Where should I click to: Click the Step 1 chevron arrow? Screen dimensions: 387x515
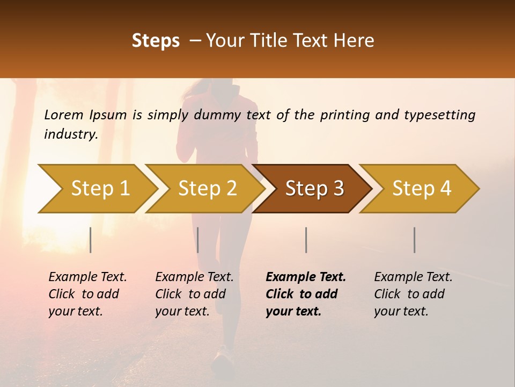(100, 189)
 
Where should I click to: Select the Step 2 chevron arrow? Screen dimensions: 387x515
(207, 189)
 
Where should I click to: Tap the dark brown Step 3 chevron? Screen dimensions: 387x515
(314, 189)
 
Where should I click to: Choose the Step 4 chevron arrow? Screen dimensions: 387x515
(421, 189)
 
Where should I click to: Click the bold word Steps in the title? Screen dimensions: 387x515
(156, 41)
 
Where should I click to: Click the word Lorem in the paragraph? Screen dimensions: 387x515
(63, 115)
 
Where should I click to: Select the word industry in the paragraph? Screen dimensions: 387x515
(70, 134)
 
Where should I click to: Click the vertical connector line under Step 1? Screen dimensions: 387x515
(91, 240)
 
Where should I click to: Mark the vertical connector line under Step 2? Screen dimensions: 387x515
(198, 240)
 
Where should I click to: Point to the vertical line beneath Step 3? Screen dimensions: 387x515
(306, 240)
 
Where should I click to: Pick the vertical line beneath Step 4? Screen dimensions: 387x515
(414, 240)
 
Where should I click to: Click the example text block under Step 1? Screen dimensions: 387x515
(87, 294)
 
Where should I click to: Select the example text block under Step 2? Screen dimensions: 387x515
(194, 294)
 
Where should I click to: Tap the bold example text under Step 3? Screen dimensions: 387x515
(306, 294)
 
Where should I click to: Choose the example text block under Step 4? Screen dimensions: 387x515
(413, 294)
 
